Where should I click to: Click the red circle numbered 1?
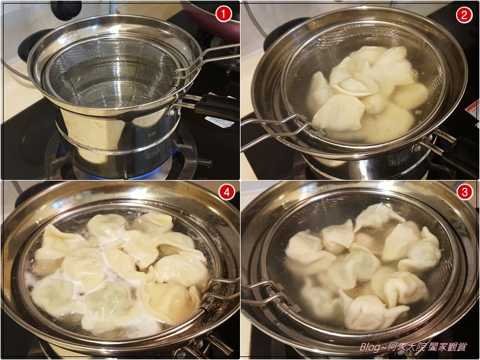point(223,14)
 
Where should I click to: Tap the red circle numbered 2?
point(464,14)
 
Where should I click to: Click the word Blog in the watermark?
point(370,347)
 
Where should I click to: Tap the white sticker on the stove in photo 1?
point(220,122)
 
